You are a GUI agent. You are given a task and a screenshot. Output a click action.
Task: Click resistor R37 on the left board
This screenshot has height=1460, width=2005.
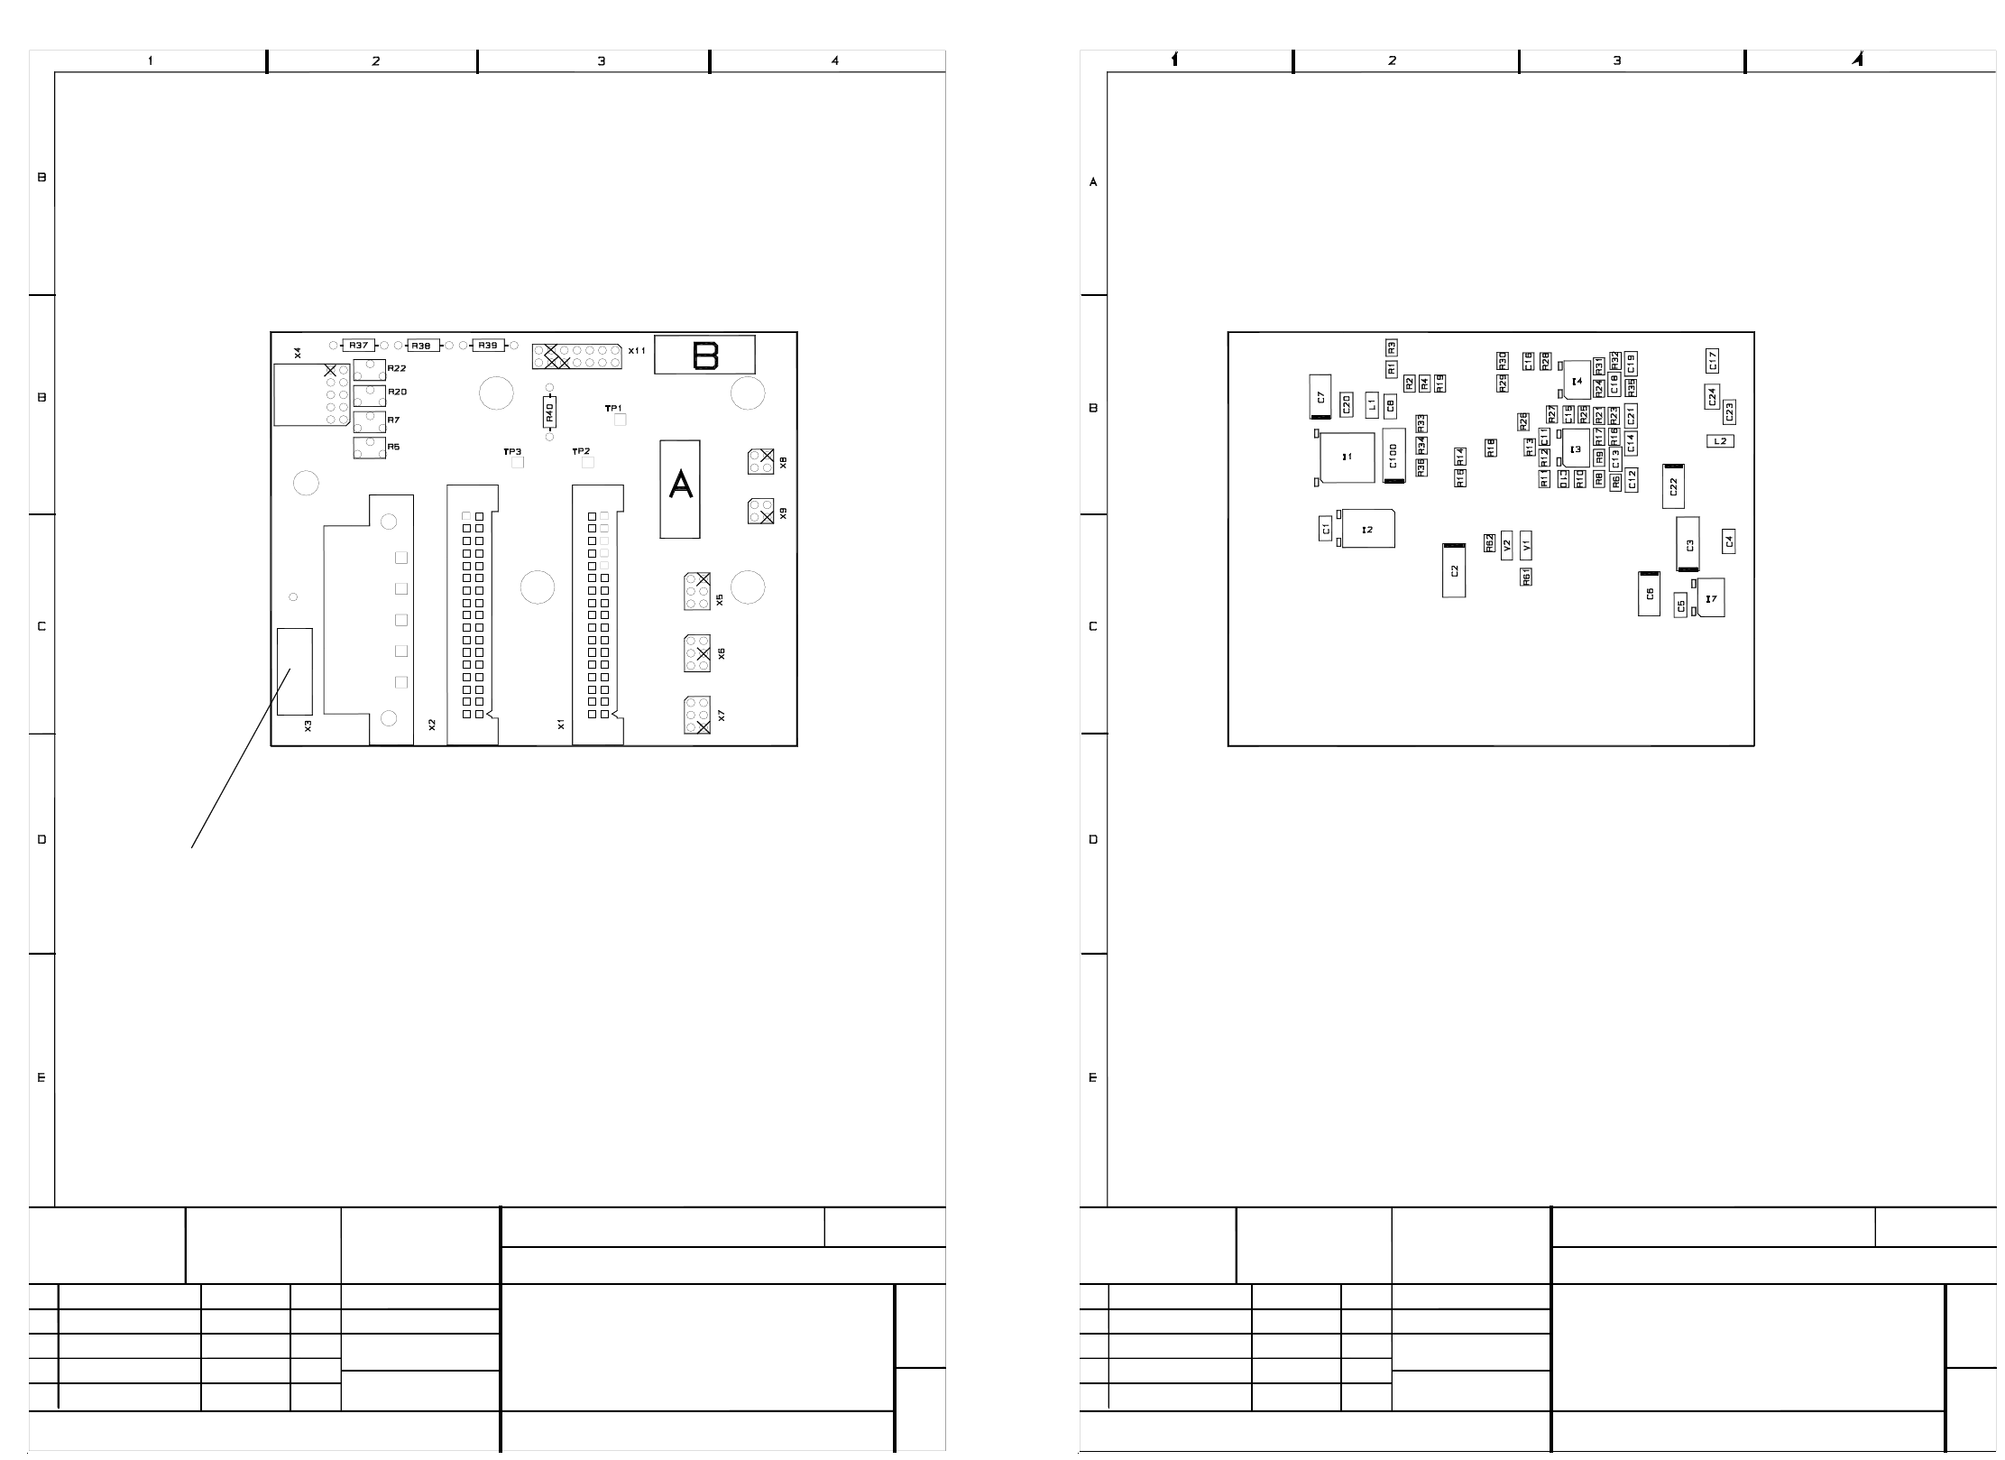[359, 346]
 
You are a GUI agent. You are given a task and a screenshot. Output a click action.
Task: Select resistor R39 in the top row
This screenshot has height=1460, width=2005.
[488, 346]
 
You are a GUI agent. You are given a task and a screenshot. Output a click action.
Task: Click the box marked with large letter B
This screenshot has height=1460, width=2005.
[704, 356]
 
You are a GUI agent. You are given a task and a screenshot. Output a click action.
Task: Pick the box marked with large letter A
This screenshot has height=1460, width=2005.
[680, 488]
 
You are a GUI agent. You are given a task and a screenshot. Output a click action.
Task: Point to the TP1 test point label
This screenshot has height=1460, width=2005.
[613, 409]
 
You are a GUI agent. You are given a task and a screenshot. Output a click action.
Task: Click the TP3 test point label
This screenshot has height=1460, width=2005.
[512, 451]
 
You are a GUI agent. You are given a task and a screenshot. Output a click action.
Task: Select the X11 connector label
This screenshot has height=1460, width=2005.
[637, 350]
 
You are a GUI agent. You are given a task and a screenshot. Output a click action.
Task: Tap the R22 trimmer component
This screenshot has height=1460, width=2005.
[369, 369]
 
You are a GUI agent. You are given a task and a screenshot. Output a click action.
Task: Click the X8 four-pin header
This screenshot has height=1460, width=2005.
[760, 461]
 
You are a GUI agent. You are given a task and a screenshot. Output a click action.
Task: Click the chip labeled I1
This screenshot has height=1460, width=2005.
[1347, 457]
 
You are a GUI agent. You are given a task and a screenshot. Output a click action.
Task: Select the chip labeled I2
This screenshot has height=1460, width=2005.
[1367, 529]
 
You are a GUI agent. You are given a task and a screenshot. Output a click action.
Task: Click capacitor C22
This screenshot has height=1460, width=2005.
[1673, 486]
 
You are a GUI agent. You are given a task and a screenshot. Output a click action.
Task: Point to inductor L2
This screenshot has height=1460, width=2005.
[1720, 441]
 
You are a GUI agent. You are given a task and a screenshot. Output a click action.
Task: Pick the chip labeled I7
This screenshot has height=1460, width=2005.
[1710, 598]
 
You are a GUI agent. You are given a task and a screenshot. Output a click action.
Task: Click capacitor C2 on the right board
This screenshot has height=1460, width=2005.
[1454, 570]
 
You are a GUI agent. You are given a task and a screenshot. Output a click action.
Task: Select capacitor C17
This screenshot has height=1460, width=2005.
[1712, 361]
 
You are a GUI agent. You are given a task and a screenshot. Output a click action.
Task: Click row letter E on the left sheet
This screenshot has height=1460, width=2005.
[41, 1077]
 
